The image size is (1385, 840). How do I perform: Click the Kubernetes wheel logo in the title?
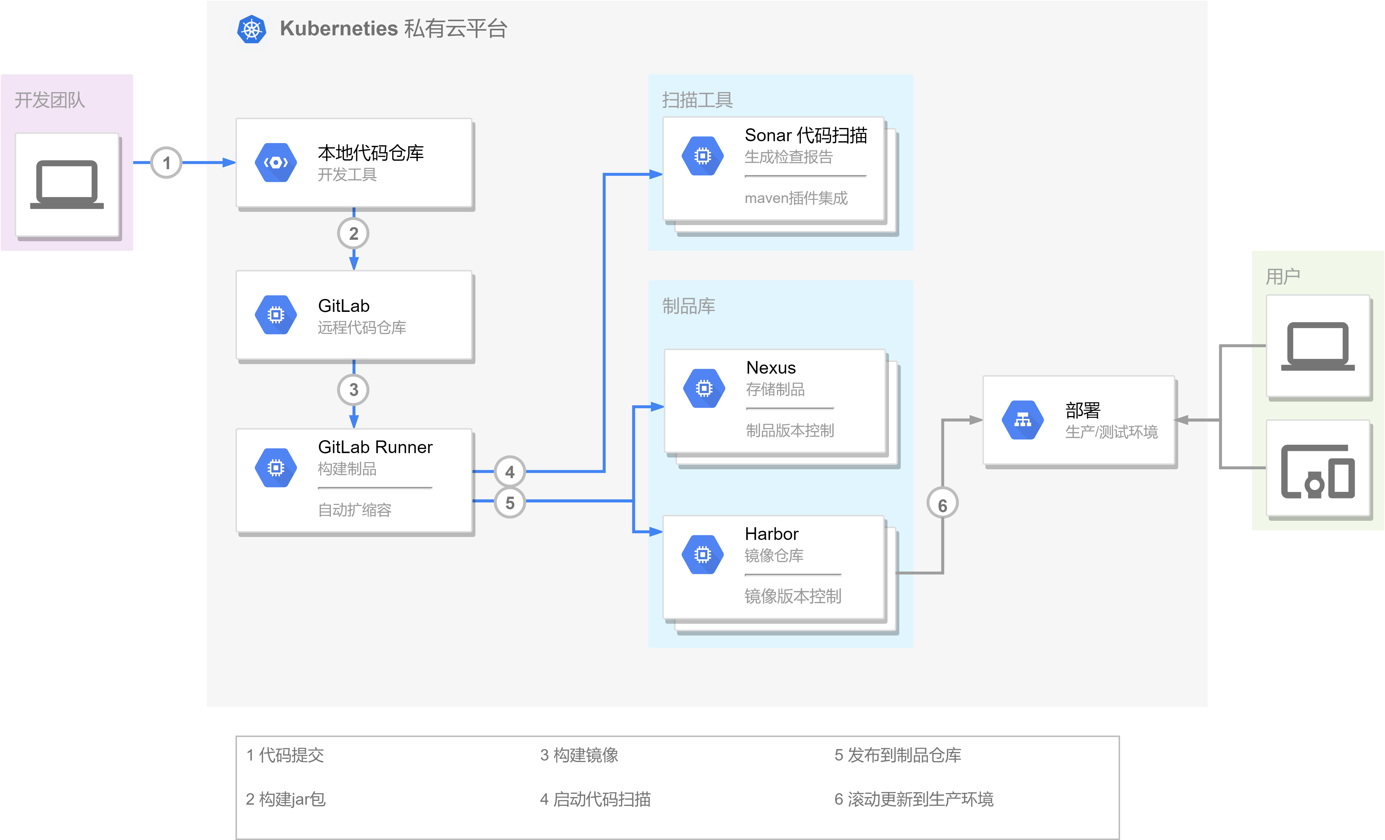pos(251,29)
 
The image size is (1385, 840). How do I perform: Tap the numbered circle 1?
pos(166,163)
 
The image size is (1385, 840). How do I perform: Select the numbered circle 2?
pos(354,233)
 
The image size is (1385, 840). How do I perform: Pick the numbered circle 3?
pos(354,389)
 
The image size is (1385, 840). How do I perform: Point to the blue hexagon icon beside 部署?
pos(1022,420)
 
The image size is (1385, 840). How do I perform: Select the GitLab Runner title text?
pos(375,447)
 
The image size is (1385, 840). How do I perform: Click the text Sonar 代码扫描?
pos(805,135)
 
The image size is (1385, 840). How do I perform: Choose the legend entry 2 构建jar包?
pos(286,799)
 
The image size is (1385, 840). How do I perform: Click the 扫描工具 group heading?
pos(697,100)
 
